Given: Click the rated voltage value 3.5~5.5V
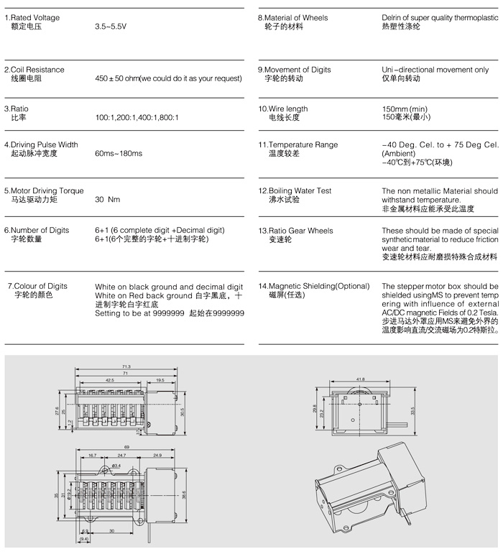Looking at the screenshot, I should pyautogui.click(x=112, y=26).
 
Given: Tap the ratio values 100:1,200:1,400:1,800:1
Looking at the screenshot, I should pyautogui.click(x=137, y=117).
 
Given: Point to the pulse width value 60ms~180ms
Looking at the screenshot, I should pyautogui.click(x=119, y=154).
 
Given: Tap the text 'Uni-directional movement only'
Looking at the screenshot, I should pyautogui.click(x=435, y=70).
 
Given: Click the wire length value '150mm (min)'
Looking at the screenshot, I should pyautogui.click(x=403, y=109).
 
